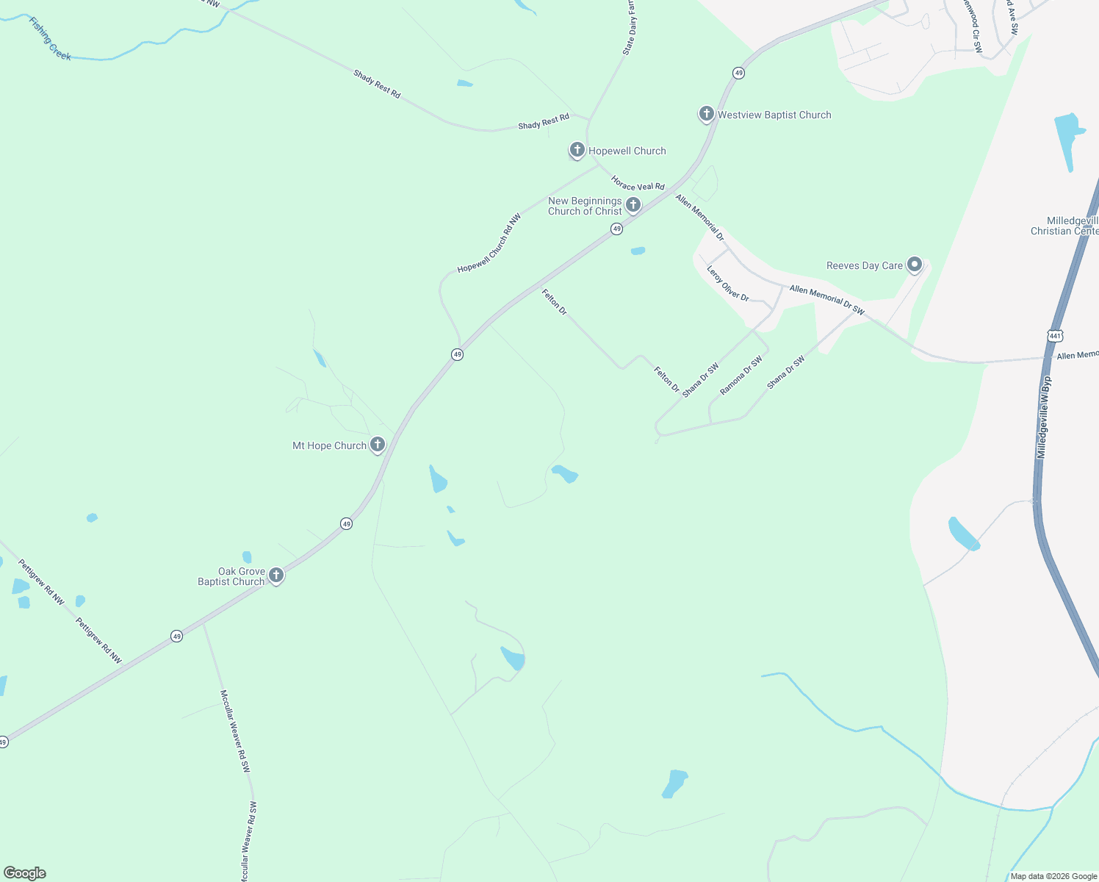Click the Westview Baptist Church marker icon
pyautogui.click(x=706, y=114)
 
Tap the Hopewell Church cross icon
pyautogui.click(x=577, y=151)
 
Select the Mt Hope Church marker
pyautogui.click(x=377, y=445)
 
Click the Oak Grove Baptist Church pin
pyautogui.click(x=276, y=576)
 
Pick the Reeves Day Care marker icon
pyautogui.click(x=915, y=265)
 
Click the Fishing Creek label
pyautogui.click(x=50, y=38)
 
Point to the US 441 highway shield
pyautogui.click(x=1056, y=335)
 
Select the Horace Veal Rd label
pyautogui.click(x=638, y=183)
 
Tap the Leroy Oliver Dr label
pyautogui.click(x=727, y=284)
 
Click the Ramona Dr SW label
pyautogui.click(x=741, y=376)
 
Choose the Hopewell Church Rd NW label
pyautogui.click(x=489, y=243)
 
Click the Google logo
pyautogui.click(x=25, y=873)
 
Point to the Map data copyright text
pyautogui.click(x=1053, y=876)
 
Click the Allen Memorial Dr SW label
pyautogui.click(x=826, y=300)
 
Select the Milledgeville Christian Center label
pyautogui.click(x=1064, y=226)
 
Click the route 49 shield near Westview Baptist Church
pyautogui.click(x=738, y=73)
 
